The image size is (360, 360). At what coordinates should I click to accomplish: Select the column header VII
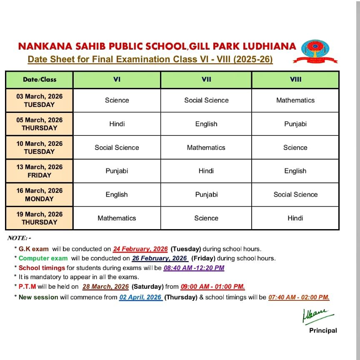pyautogui.click(x=206, y=79)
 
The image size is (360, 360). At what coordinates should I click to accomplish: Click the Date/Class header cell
pyautogui.click(x=40, y=79)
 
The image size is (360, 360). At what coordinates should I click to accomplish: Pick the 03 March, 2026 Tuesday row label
pyautogui.click(x=40, y=100)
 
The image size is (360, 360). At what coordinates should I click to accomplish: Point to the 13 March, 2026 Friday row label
pyautogui.click(x=40, y=171)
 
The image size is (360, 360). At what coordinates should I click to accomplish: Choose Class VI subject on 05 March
pyautogui.click(x=117, y=124)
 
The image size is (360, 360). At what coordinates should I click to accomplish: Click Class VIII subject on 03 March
pyautogui.click(x=295, y=100)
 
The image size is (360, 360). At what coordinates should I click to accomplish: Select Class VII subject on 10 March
pyautogui.click(x=206, y=147)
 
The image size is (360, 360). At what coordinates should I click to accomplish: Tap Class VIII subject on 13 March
pyautogui.click(x=295, y=171)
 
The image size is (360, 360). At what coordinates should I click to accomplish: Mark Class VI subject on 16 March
pyautogui.click(x=117, y=195)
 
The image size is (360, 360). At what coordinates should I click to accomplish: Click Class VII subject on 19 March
pyautogui.click(x=206, y=218)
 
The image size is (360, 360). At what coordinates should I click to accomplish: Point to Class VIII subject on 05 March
pyautogui.click(x=295, y=124)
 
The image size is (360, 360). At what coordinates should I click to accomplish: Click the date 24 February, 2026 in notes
pyautogui.click(x=140, y=249)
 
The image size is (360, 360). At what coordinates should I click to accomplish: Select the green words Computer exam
pyautogui.click(x=43, y=258)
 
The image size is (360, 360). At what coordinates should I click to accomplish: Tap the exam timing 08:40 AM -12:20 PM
pyautogui.click(x=194, y=268)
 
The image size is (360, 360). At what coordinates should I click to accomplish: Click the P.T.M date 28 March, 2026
pyautogui.click(x=106, y=287)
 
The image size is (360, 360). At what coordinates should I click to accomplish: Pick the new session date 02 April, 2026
pyautogui.click(x=140, y=297)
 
